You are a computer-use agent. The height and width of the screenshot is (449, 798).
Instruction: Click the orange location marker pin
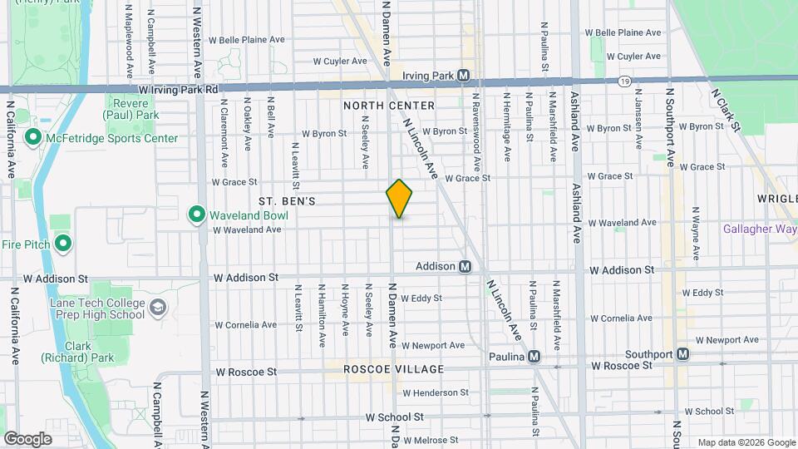point(399,198)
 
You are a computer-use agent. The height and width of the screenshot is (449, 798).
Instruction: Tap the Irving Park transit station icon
point(464,76)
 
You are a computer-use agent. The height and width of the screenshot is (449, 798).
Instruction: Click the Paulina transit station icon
point(534,356)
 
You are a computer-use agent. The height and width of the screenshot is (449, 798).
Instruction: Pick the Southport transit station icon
point(682,354)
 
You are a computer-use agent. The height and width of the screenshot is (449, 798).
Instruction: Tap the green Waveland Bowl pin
point(196,215)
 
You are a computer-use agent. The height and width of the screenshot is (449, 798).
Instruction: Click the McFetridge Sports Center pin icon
point(34,137)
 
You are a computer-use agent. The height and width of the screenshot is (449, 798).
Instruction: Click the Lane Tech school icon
point(157,309)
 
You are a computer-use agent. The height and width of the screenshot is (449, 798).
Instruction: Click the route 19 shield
point(623,81)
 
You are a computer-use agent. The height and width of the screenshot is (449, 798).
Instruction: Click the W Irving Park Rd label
point(178,89)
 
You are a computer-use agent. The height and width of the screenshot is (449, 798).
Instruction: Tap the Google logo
point(27,438)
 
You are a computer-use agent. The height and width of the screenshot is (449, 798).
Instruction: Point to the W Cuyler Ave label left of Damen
point(340,61)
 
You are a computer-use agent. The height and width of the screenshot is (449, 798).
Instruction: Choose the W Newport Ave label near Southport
point(727,340)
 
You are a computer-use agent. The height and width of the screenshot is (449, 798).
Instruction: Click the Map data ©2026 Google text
point(746,442)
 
